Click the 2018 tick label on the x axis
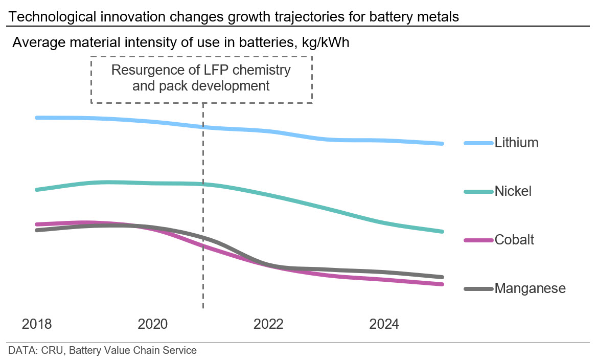[37, 324]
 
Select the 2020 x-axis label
[152, 324]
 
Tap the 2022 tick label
[268, 324]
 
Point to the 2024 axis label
[384, 324]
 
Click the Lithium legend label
[516, 143]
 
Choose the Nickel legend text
[513, 191]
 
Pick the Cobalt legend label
[514, 240]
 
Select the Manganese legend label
[530, 288]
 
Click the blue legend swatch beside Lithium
[478, 143]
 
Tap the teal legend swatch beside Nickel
[478, 192]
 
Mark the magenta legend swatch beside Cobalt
[478, 240]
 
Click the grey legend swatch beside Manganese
[478, 289]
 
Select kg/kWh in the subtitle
[326, 42]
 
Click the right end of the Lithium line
[442, 144]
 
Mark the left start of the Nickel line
[37, 190]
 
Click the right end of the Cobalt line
[442, 284]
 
